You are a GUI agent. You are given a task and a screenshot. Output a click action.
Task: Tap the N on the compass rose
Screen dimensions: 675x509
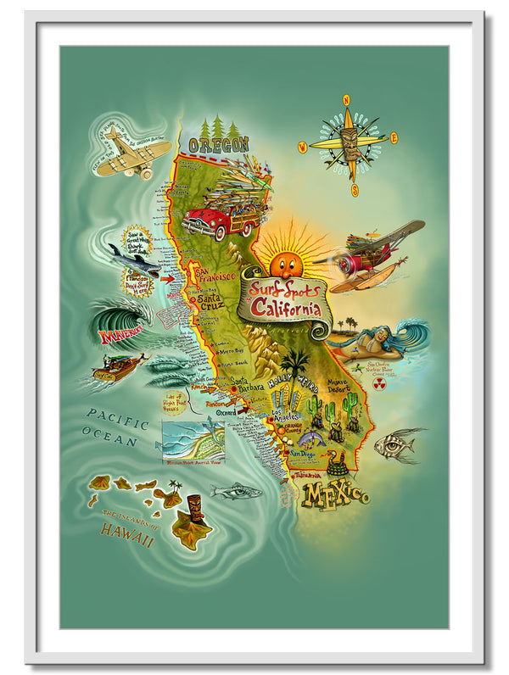point(346,100)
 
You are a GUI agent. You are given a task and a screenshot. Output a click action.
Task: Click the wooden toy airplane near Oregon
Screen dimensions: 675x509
point(132,155)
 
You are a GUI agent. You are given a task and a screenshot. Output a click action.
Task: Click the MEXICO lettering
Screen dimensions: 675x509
point(336,494)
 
